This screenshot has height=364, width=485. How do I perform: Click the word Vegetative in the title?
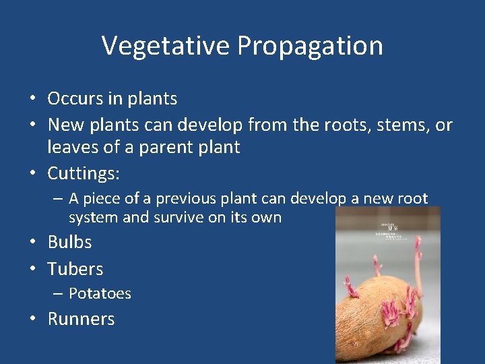click(x=166, y=46)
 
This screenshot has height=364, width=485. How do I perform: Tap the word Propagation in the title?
click(x=310, y=46)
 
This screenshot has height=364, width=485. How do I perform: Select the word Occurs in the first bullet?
click(x=75, y=98)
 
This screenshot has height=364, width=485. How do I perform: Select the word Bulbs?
click(x=69, y=242)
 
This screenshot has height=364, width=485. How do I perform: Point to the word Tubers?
click(x=75, y=269)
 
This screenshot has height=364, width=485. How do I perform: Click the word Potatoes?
click(x=100, y=293)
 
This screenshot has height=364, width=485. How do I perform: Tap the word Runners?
click(x=81, y=319)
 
